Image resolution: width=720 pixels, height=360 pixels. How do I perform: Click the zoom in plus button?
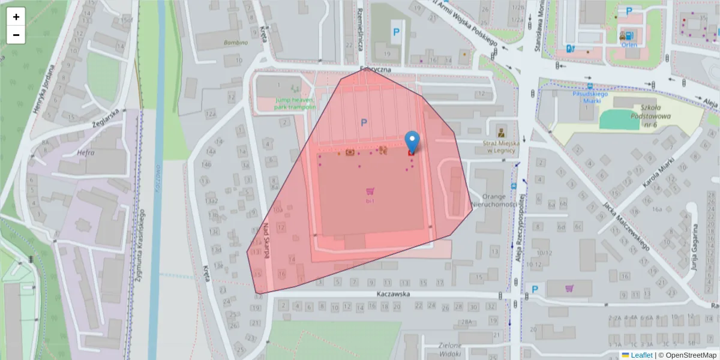[x=16, y=17]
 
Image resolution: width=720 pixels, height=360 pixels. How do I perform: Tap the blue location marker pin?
[x=412, y=142]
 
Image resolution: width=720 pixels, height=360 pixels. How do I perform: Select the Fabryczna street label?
[x=376, y=70]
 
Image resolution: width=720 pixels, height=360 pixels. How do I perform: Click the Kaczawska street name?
[x=393, y=295]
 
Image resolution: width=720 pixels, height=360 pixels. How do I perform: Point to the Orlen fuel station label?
[x=629, y=44]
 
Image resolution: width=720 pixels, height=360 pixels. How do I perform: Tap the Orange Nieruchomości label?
[x=494, y=200]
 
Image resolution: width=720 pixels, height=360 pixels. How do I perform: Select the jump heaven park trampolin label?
[x=295, y=103]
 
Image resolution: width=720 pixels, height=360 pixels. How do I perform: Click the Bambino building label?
[x=235, y=43]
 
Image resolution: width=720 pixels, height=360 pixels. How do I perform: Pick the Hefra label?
[x=86, y=153]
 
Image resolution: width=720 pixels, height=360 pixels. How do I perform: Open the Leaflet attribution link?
[x=641, y=355]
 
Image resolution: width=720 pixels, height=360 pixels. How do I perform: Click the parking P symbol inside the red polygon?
[x=364, y=122]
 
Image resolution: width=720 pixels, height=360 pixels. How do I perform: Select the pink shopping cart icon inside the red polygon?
[x=371, y=191]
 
